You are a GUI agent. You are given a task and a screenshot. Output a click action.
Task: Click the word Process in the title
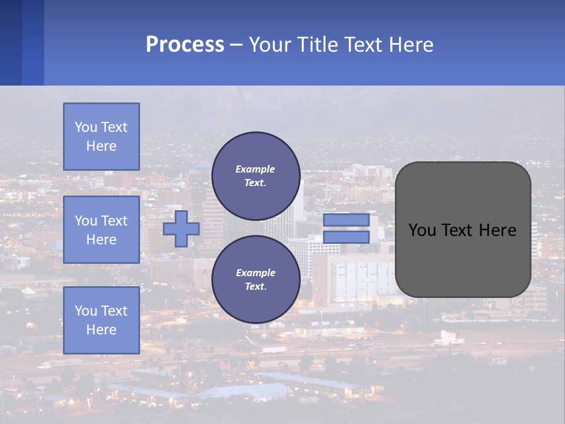point(185,45)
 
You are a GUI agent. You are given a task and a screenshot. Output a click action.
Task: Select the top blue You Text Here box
point(101,137)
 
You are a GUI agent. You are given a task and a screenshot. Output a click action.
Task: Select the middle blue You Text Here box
point(101,230)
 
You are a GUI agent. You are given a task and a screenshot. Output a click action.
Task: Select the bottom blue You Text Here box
point(101,320)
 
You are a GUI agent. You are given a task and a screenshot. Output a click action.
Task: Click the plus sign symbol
point(181,229)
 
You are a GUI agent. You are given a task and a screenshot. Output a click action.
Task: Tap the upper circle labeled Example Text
point(255,176)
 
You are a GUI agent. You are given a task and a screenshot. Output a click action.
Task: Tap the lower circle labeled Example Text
point(255,280)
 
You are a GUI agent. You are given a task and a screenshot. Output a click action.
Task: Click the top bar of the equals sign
point(346,220)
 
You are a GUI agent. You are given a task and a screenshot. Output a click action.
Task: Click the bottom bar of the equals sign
point(346,237)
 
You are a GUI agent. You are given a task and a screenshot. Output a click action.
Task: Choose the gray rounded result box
point(463,229)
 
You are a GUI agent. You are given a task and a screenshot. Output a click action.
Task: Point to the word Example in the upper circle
point(255,169)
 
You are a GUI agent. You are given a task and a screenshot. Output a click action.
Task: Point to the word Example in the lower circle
point(255,273)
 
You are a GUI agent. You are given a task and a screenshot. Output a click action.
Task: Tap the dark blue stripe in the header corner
point(11,42)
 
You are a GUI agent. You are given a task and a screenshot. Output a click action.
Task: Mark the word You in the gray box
point(421,230)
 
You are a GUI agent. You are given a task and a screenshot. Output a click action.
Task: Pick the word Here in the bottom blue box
point(101,330)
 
